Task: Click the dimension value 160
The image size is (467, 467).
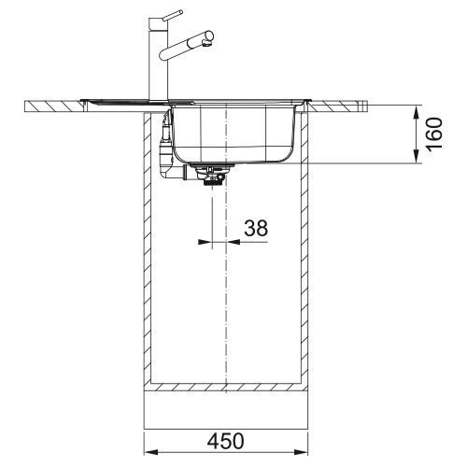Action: coord(434,134)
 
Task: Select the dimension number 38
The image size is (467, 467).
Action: coord(256,228)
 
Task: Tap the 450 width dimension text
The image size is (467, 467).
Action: coord(226,441)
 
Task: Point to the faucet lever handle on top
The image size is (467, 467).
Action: coord(172,15)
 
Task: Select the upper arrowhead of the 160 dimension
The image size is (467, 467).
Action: coord(417,113)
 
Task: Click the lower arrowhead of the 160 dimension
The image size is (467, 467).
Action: coord(417,156)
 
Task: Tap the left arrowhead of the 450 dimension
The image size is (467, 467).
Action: coord(151,452)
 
